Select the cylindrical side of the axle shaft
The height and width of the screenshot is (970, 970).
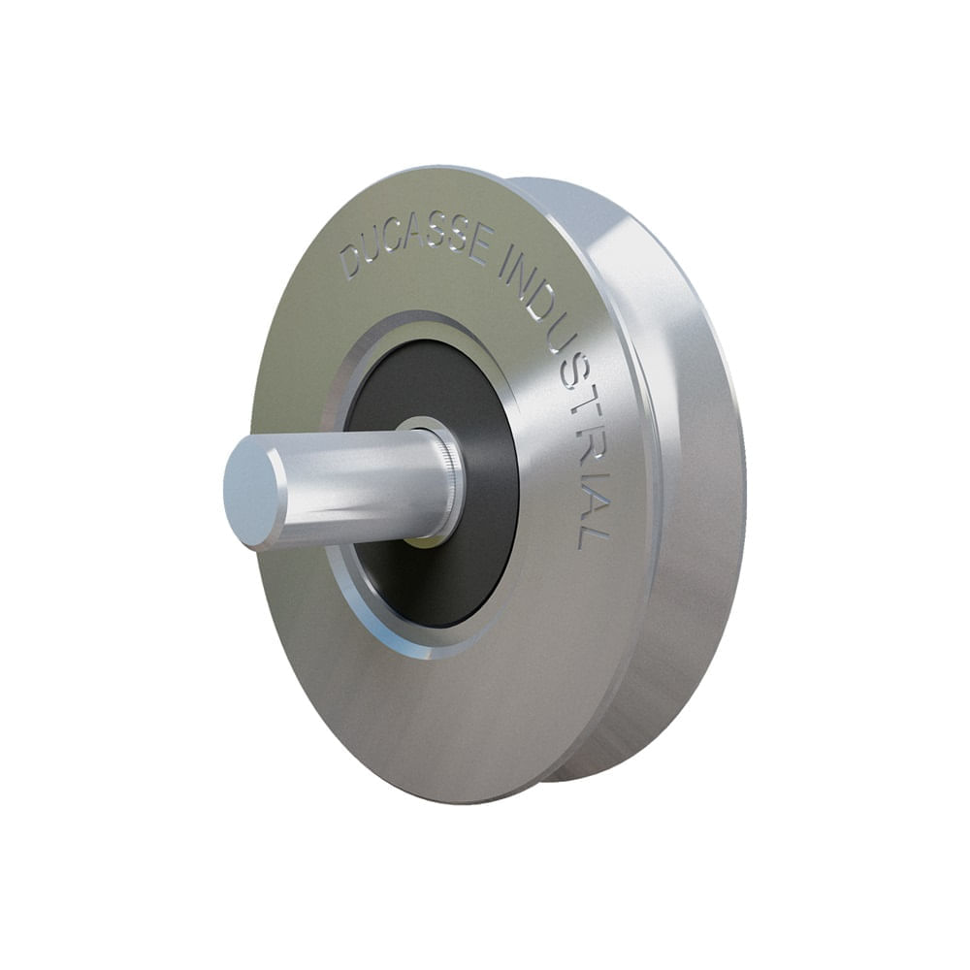point(359,480)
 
